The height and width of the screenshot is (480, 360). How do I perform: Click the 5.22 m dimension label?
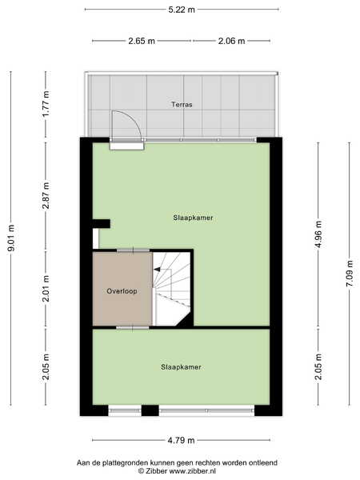coord(182,10)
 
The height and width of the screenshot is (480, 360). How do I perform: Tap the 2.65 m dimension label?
coord(142,41)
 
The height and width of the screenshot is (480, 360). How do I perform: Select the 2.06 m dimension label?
coord(231,41)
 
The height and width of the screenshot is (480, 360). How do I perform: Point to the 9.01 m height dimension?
coord(11,238)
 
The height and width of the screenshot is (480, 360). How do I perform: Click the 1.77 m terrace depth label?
coord(46,104)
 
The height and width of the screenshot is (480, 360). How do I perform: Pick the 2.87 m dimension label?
coord(46,195)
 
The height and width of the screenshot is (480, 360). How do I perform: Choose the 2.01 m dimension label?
coord(46,288)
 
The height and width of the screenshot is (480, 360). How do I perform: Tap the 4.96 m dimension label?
coord(318,234)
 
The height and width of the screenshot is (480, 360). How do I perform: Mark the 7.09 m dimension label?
coord(350,274)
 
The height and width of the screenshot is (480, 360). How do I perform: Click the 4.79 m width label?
coord(181,440)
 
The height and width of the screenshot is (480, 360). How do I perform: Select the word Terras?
coord(182,105)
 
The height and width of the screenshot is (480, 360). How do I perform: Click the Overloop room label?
coord(122,291)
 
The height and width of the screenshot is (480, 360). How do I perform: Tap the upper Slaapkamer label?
coord(193,218)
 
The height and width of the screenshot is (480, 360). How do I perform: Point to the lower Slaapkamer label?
coord(181,367)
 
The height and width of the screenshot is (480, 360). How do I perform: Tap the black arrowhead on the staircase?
coord(157,270)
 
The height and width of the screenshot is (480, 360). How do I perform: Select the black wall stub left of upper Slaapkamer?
coord(102,224)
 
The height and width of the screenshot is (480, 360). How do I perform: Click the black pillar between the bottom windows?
coord(150,410)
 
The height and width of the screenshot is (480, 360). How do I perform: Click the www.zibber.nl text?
coord(193,471)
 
